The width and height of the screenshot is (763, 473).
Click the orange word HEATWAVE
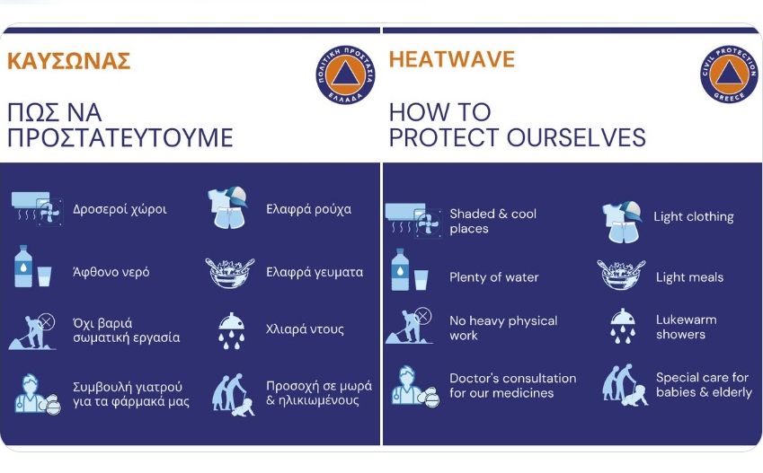(451, 59)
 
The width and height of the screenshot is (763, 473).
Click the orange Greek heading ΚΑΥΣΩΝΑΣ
(68, 61)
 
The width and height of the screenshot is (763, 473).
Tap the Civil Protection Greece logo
(729, 74)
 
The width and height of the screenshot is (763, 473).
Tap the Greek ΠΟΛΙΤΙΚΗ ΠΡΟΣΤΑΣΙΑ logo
(345, 75)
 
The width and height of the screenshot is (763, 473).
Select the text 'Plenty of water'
(494, 277)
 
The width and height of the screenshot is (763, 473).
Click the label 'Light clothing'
(694, 216)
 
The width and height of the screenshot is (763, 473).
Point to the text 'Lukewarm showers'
(686, 327)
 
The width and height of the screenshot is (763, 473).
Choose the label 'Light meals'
(689, 277)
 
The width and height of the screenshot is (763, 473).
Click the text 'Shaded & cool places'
(492, 221)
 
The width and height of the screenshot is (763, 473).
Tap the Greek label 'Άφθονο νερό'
(111, 272)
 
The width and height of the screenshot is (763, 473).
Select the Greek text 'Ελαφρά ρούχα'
(308, 209)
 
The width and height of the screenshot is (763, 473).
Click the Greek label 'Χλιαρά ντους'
(305, 329)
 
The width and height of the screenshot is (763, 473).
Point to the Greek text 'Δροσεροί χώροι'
(120, 209)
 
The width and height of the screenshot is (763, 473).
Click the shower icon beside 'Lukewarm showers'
(623, 326)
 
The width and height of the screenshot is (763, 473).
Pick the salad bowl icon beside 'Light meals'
(621, 274)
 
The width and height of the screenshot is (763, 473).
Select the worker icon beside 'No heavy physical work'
(409, 326)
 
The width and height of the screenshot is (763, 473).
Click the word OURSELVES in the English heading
(576, 137)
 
